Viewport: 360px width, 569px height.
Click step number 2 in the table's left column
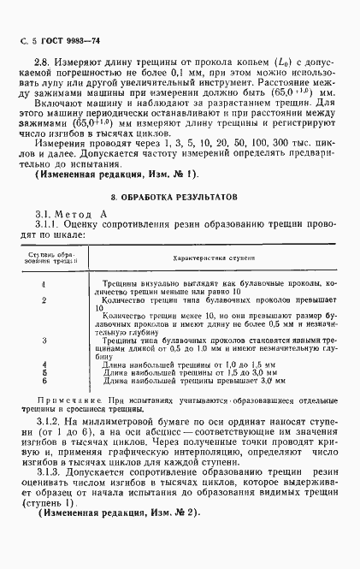[44, 301]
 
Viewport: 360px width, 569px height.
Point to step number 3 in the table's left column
[44, 341]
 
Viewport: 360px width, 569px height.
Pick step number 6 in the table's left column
[44, 380]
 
